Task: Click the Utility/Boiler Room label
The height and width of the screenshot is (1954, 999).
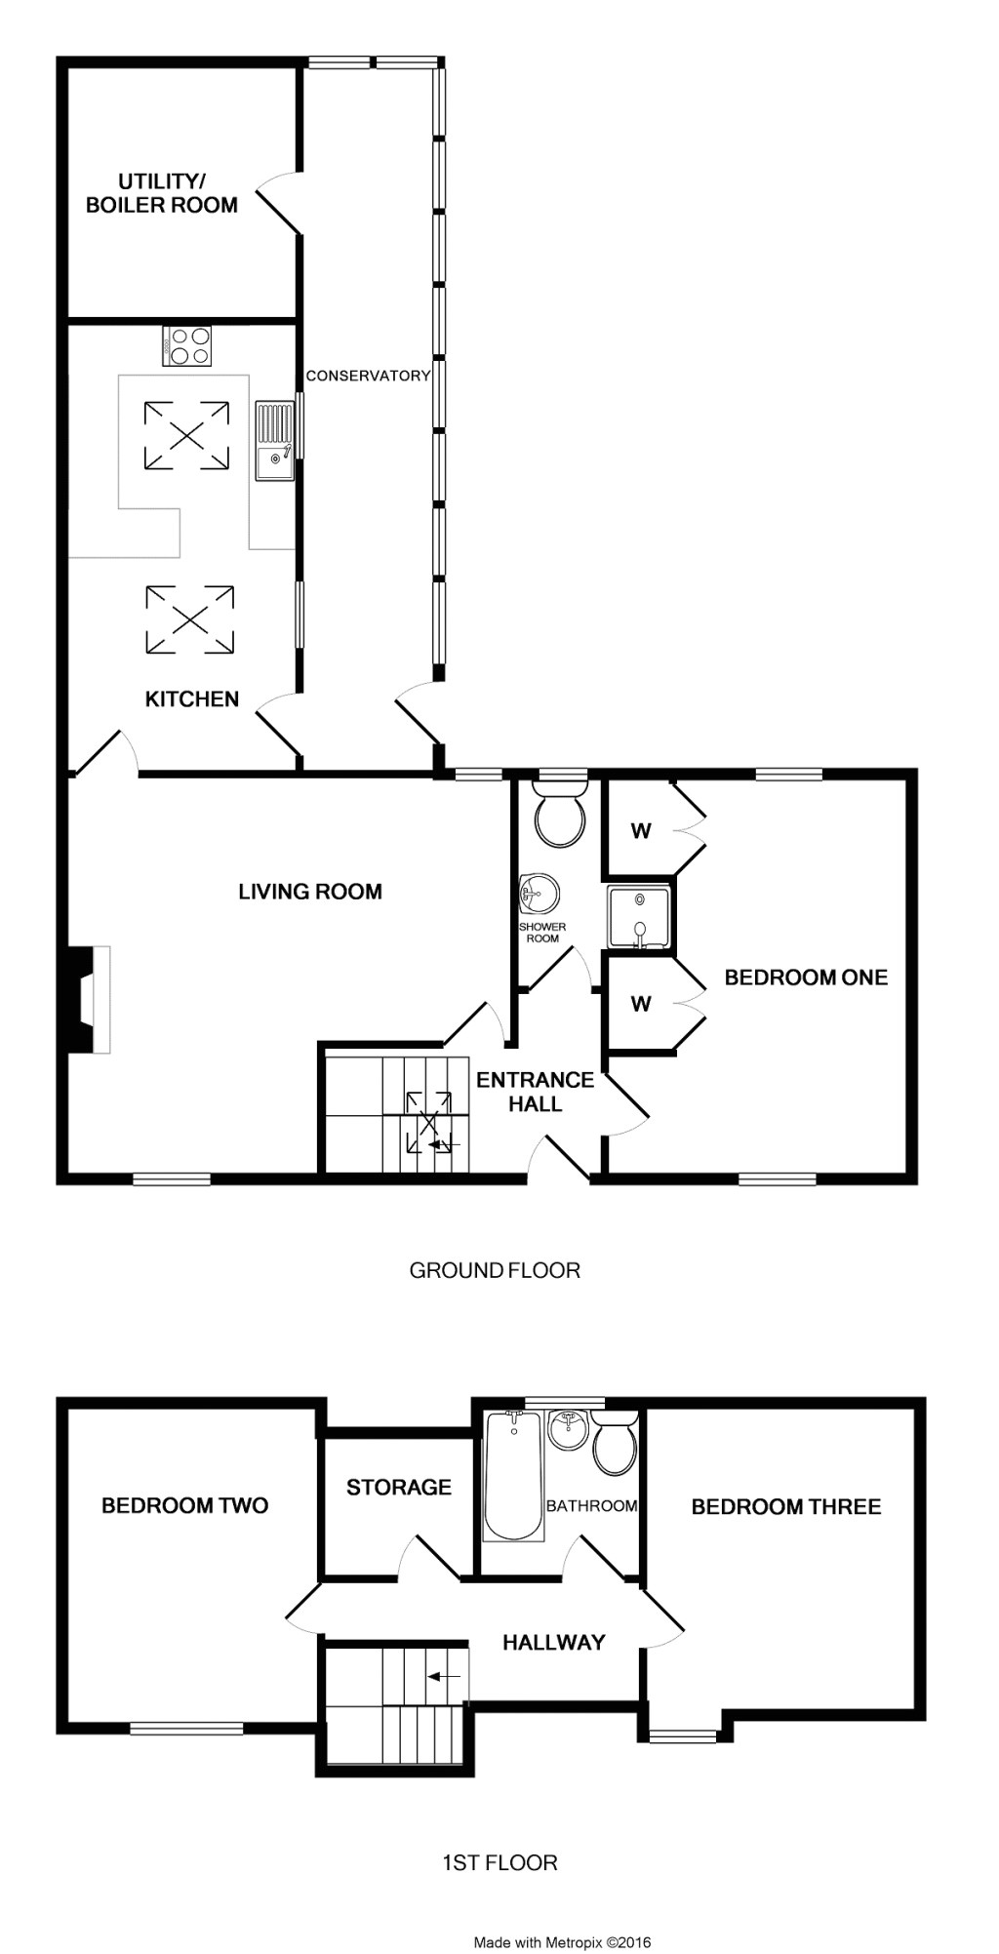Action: [162, 193]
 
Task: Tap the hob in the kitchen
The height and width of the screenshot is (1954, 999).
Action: [187, 344]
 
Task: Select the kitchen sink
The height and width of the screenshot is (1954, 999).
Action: [274, 441]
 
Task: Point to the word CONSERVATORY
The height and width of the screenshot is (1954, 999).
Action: [368, 376]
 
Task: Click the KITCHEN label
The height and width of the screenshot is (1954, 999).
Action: [192, 699]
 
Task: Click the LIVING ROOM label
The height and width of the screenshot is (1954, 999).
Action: [310, 892]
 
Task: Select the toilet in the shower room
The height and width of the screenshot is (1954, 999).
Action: [560, 814]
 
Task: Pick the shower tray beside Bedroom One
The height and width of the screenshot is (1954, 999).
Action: [639, 917]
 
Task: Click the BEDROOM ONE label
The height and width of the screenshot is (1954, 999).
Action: [806, 977]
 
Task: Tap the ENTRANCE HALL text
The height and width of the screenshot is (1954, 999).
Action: [535, 1092]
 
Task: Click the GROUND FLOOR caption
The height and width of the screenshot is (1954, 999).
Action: [495, 1270]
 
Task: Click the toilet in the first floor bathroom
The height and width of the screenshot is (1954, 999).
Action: [615, 1446]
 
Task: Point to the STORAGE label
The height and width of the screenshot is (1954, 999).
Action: [399, 1488]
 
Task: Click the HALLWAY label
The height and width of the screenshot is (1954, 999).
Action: [554, 1643]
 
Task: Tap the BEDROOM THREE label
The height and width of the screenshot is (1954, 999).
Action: [786, 1507]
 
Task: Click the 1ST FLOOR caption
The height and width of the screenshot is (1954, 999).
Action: [499, 1863]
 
